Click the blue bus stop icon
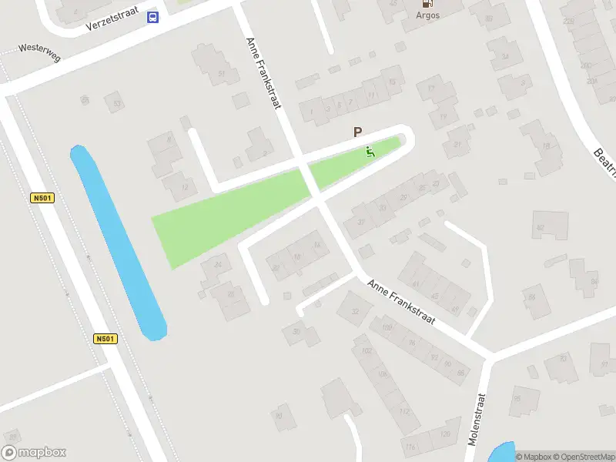pyautogui.click(x=153, y=17)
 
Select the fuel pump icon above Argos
pyautogui.click(x=428, y=4)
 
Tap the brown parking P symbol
pyautogui.click(x=357, y=132)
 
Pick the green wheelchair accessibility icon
pyautogui.click(x=370, y=152)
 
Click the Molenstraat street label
pyautogui.click(x=477, y=420)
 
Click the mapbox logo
pyautogui.click(x=34, y=453)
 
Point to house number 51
pyautogui.click(x=222, y=74)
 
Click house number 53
pyautogui.click(x=117, y=102)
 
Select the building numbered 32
pyautogui.click(x=355, y=311)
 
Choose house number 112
pyautogui.click(x=405, y=410)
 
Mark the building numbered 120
pyautogui.click(x=444, y=434)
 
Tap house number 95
pyautogui.click(x=517, y=398)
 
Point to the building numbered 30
pyautogui.click(x=296, y=331)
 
